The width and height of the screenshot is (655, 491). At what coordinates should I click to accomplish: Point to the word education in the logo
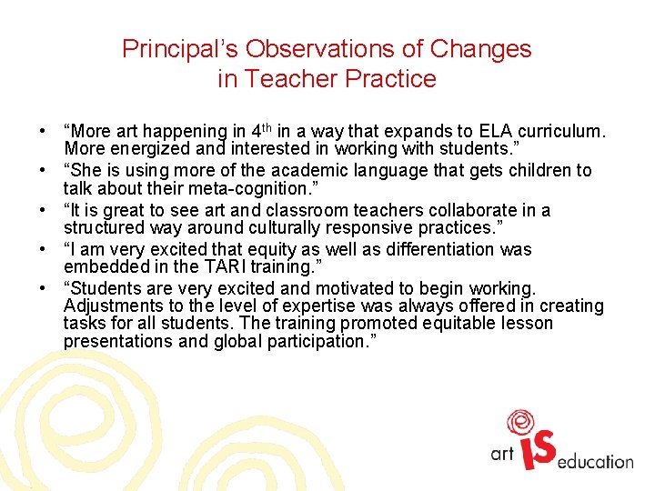596,462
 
